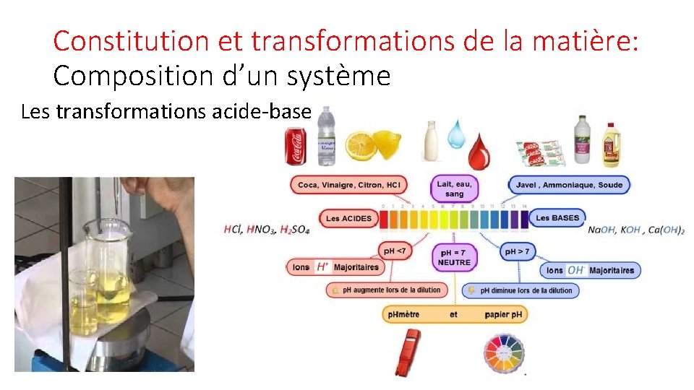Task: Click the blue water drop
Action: (456, 134)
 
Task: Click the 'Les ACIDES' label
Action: (348, 218)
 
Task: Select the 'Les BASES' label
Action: (557, 217)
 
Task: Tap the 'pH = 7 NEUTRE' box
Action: (455, 257)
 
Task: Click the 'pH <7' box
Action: (395, 251)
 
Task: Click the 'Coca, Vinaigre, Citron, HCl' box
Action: (348, 185)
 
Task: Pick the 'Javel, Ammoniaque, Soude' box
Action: (569, 185)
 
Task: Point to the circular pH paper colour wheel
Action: (502, 353)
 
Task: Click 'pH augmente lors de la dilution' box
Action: (386, 290)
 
